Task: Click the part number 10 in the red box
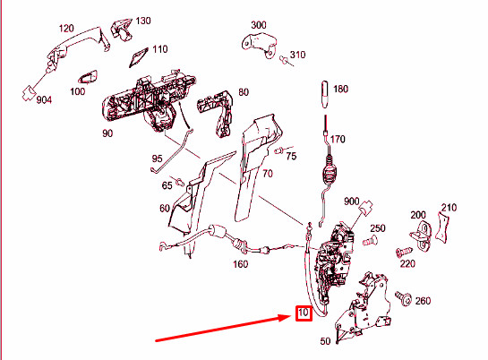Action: pos(303,314)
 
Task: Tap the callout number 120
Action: pos(66,30)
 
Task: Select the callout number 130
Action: pos(143,21)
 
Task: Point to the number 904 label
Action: pos(44,99)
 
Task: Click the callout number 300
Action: pos(259,25)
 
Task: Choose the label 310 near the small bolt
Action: pos(297,56)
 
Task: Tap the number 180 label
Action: pos(340,90)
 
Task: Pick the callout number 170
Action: pos(338,140)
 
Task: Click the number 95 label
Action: pos(157,159)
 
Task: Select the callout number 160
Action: pos(240,264)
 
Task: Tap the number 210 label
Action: pos(449,208)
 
